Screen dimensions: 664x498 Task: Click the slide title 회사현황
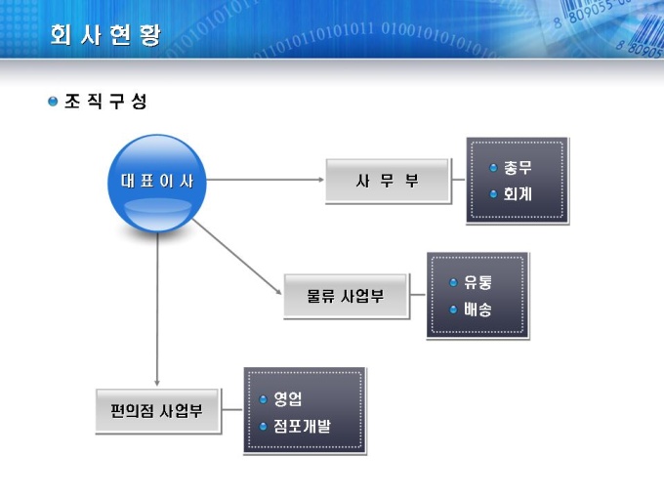(x=105, y=35)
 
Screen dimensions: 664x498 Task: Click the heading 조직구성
(x=105, y=102)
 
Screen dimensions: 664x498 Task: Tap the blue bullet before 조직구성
(x=53, y=102)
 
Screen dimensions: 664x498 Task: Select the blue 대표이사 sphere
(x=157, y=183)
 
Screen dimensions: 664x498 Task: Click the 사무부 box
(x=387, y=181)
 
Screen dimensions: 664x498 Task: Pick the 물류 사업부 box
(x=346, y=296)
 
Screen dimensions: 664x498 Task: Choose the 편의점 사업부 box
(x=157, y=411)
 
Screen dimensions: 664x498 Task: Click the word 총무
(x=518, y=168)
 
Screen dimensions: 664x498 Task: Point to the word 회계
(x=518, y=194)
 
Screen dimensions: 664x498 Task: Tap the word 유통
(x=477, y=282)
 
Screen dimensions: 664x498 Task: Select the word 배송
(x=477, y=310)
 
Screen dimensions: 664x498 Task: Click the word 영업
(x=287, y=398)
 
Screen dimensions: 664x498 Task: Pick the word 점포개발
(x=302, y=426)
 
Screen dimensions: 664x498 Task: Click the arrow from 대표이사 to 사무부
(x=265, y=180)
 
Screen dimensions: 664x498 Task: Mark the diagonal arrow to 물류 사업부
(x=237, y=257)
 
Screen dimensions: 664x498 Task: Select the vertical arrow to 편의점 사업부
(x=157, y=310)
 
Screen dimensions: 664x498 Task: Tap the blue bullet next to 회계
(x=493, y=194)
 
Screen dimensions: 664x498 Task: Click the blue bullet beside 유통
(x=453, y=283)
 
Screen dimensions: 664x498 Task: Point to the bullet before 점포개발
(x=264, y=426)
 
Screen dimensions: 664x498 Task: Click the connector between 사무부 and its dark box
(x=459, y=180)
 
